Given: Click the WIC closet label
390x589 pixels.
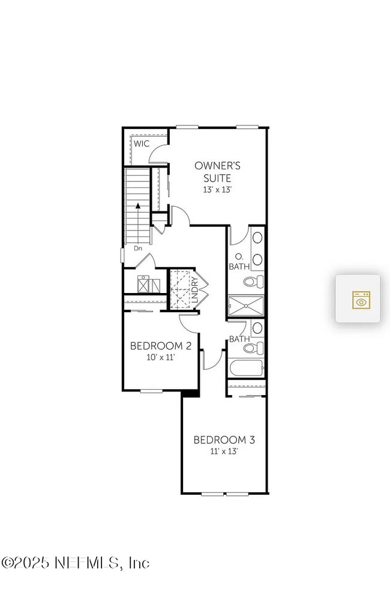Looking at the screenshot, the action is click(142, 143).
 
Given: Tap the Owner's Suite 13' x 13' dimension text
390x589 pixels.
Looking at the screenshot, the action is click(217, 190).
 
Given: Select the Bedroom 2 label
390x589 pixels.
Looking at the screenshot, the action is click(161, 346).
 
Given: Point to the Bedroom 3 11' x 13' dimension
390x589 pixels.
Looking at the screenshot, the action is click(224, 451).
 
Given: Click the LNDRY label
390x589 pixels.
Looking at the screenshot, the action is click(194, 290).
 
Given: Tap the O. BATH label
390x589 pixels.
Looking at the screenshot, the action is click(239, 262).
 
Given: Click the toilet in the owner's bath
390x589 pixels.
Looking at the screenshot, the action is click(253, 280).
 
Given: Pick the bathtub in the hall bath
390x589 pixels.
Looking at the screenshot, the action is click(246, 367).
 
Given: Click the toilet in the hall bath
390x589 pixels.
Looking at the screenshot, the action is click(253, 348).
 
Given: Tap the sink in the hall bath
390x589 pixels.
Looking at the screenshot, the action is click(257, 328).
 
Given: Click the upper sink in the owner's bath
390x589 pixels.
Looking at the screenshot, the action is click(257, 237).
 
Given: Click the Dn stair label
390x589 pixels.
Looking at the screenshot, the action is click(138, 249).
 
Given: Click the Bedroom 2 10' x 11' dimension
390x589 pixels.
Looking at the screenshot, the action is click(161, 357).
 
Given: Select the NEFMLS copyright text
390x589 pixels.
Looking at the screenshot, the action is click(76, 563).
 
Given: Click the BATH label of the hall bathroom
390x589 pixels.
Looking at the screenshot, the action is click(239, 339).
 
